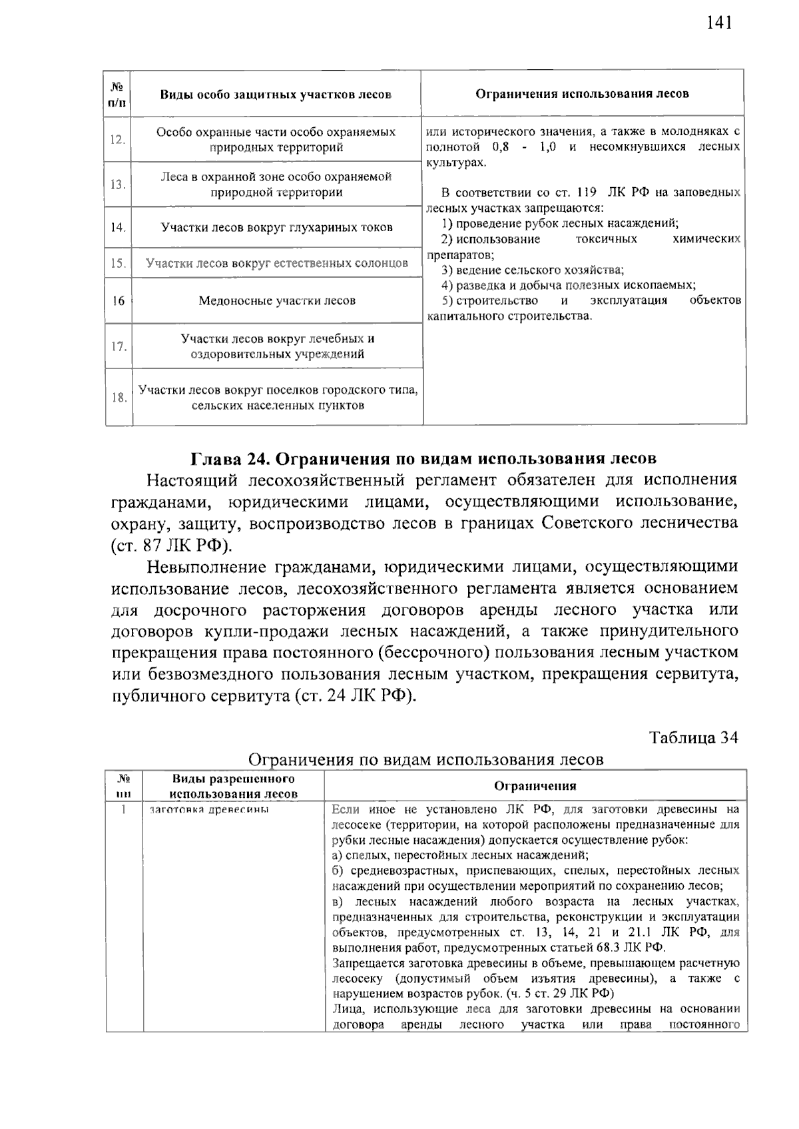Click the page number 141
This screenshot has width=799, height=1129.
point(719,23)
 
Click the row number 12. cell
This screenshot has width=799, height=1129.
point(118,140)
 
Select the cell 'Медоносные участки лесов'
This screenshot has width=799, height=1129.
point(276,301)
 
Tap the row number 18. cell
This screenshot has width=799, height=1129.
point(119,398)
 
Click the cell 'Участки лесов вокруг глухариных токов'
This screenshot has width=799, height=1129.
point(276,228)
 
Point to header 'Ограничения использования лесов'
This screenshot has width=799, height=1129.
point(582,94)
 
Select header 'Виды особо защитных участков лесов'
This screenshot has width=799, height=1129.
point(275,95)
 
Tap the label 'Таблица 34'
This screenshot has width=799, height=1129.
point(693,738)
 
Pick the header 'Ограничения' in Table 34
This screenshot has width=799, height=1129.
point(535,786)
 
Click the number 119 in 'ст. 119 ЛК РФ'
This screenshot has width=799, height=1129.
point(586,193)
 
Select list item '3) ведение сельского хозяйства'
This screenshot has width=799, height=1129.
point(533,270)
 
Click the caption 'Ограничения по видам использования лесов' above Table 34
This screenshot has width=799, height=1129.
point(425,760)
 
